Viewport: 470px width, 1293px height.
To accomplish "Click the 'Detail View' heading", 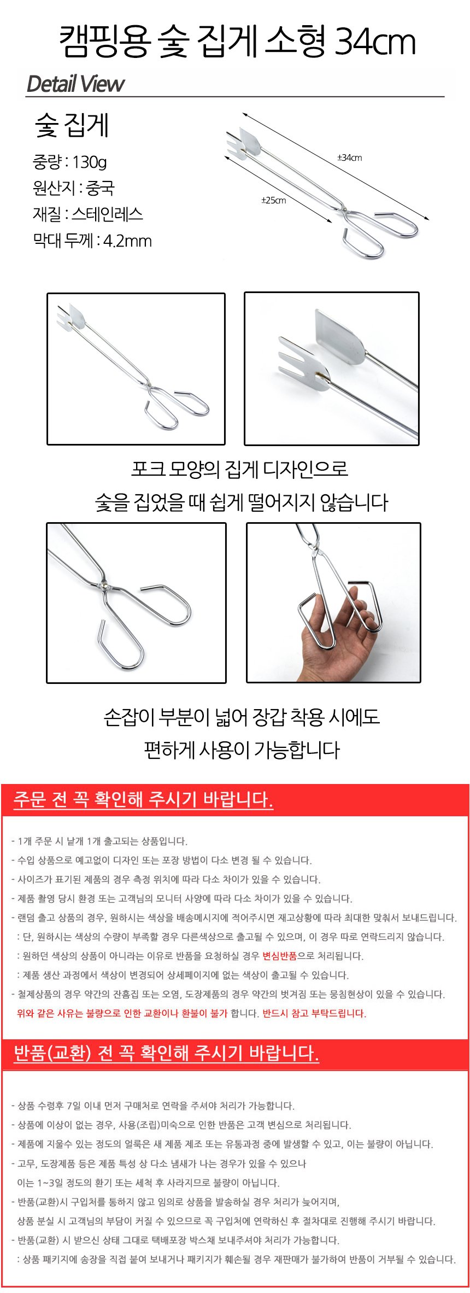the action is pos(75,84).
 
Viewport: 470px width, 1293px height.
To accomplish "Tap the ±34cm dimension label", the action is pos(349,157).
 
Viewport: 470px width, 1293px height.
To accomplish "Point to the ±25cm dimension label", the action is pos(273,200).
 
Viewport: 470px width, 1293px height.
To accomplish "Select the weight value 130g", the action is pos(89,162).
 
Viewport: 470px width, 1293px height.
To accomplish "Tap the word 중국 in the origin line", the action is pos(100,188).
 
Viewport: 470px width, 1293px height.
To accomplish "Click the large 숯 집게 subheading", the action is pos(72,125).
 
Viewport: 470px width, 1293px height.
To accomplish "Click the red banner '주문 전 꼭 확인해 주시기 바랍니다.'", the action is pos(143,799).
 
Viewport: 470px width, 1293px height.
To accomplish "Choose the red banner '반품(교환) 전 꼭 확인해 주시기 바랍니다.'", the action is pos(166,1053).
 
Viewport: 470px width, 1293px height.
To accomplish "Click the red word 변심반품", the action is pos(279,956).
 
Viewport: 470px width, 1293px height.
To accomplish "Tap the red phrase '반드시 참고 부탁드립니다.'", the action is pos(314,1013).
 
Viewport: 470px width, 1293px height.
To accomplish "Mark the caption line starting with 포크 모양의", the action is pos(239,469).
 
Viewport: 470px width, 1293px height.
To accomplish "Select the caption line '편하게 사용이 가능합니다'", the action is pos(242,750).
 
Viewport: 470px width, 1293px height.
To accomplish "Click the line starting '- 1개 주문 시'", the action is pos(99,841).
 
